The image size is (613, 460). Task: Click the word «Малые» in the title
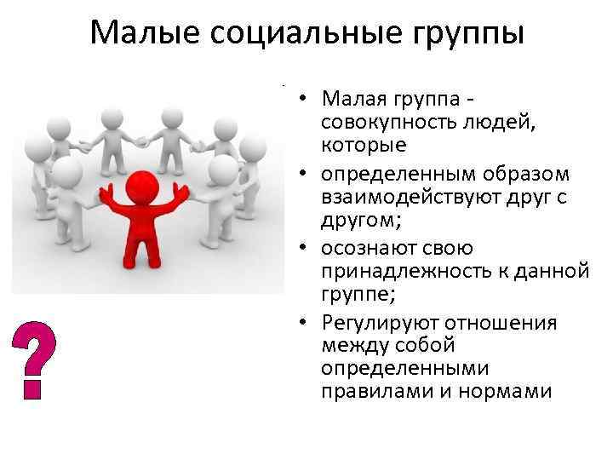point(140,33)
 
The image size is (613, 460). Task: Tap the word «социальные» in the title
point(292,33)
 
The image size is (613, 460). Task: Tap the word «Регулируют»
point(375,321)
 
